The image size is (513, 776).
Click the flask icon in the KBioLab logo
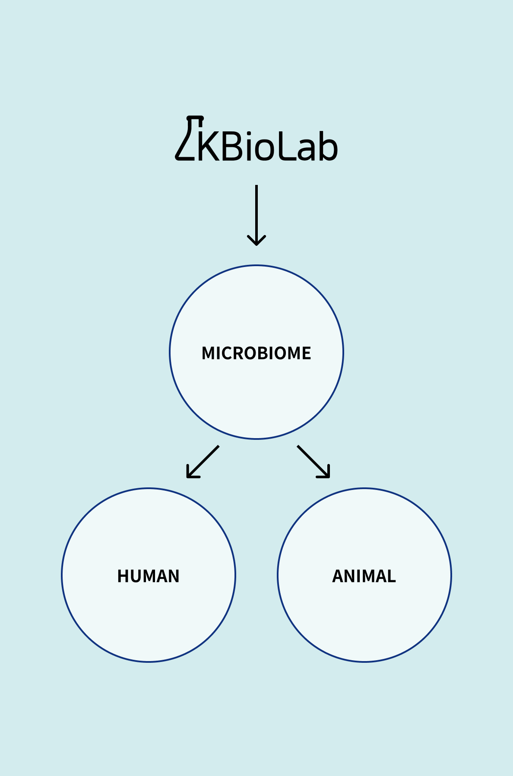(189, 138)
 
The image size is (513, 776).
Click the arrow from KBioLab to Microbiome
(256, 215)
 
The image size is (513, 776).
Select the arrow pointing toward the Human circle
(203, 462)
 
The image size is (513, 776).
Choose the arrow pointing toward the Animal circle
(313, 462)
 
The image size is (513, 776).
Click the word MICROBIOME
(256, 353)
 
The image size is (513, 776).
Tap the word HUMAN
(149, 576)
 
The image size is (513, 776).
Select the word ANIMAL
(364, 576)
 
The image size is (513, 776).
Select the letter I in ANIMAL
(358, 576)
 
